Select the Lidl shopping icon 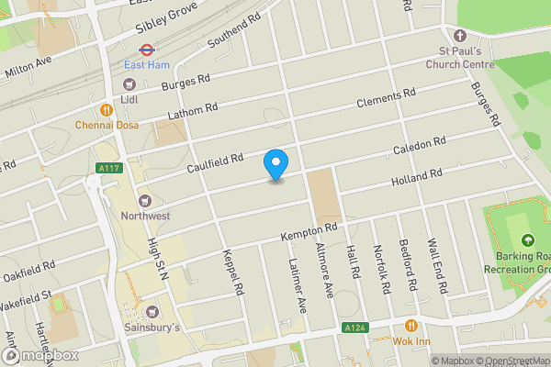point(129,84)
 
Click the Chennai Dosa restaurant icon point(107,109)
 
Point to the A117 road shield point(107,167)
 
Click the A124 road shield point(355,328)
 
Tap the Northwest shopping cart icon point(144,201)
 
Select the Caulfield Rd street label point(214,161)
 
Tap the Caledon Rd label point(420,146)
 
